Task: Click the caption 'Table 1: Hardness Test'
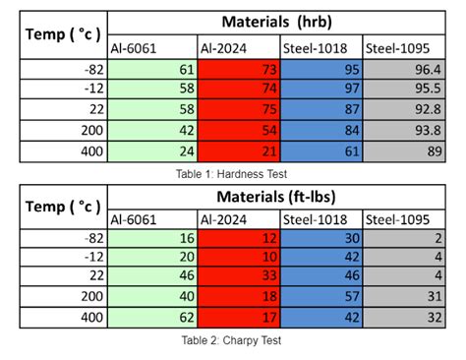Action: [x=231, y=174]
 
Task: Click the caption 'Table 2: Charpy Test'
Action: [x=231, y=340]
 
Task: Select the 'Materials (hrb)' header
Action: [x=277, y=22]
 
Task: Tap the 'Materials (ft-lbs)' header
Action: [x=276, y=197]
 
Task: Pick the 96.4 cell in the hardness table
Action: [x=428, y=70]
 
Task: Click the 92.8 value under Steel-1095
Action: [x=428, y=109]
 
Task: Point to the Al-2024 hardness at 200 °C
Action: [x=269, y=131]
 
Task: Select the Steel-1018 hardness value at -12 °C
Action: [x=352, y=89]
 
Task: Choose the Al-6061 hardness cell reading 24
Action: [x=187, y=151]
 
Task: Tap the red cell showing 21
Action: [x=269, y=151]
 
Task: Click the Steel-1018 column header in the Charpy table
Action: [x=315, y=219]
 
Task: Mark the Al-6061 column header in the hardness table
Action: [x=134, y=48]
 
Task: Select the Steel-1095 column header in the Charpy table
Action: [x=397, y=219]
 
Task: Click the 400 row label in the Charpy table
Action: [x=92, y=318]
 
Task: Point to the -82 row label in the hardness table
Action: [x=93, y=70]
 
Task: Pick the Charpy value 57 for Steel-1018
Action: [x=352, y=296]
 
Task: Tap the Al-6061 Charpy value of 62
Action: [x=187, y=318]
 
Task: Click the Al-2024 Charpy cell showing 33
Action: [x=269, y=275]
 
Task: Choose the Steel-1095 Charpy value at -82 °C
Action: [x=438, y=238]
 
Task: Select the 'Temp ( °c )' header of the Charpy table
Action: [x=63, y=207]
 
